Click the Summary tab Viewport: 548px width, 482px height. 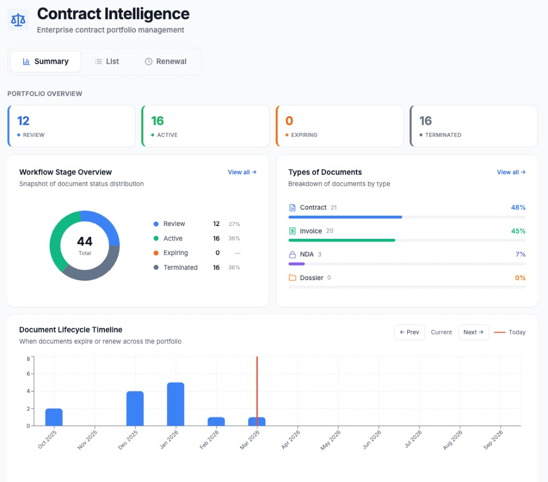tap(45, 62)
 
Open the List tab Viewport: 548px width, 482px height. tap(107, 62)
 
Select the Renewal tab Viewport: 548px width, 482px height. tap(166, 62)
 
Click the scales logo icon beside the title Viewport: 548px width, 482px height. tap(18, 20)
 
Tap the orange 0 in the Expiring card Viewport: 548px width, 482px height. tap(289, 121)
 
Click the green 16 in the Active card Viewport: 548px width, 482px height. tap(157, 121)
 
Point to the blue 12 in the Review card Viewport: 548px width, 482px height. tap(23, 121)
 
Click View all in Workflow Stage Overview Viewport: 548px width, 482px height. tap(242, 172)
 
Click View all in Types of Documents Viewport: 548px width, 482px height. tap(511, 172)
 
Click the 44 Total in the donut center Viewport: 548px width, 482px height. tap(85, 245)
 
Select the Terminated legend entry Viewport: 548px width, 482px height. tap(180, 267)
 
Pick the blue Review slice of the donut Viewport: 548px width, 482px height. tap(104, 224)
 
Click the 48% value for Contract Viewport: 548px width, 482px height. tap(517, 207)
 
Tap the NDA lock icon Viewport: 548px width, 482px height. tap(292, 254)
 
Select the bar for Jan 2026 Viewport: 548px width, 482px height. tap(176, 404)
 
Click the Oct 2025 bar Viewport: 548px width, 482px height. tap(54, 417)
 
